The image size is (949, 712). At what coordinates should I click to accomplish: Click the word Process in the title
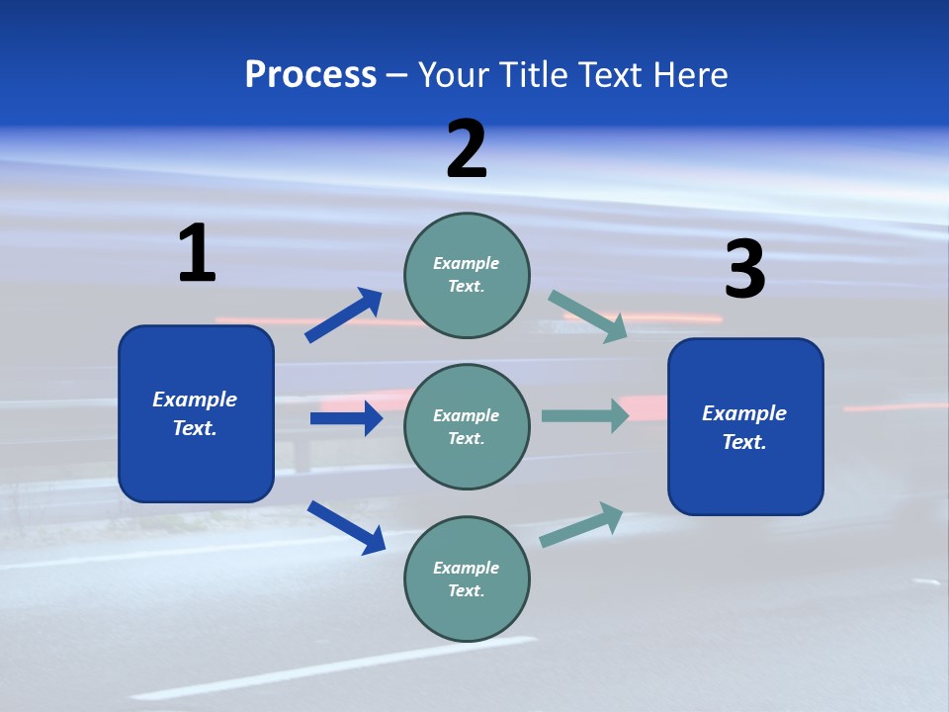point(310,75)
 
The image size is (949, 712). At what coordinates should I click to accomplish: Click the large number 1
point(197,253)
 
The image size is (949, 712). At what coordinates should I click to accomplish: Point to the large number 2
point(467,149)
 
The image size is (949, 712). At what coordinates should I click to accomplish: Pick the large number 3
point(744,270)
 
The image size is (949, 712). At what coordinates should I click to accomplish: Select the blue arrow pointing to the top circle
point(344,315)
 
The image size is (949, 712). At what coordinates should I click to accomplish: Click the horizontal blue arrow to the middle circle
point(346,418)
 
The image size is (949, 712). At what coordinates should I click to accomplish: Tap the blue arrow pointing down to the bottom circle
point(346,527)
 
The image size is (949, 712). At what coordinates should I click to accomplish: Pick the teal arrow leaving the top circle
point(588,315)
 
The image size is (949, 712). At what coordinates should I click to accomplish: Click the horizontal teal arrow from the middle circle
point(585,415)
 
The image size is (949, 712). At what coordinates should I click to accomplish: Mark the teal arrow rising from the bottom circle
point(582,524)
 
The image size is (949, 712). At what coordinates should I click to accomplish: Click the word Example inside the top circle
point(467,263)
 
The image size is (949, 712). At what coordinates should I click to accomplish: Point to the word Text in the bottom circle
point(466,590)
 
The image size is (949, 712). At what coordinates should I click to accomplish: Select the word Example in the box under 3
point(744,413)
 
